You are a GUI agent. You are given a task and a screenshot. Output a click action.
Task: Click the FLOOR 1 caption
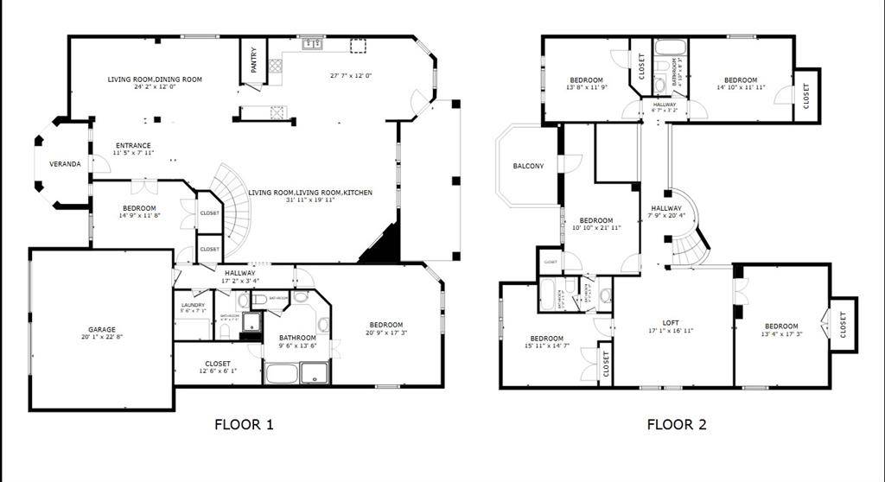point(244,424)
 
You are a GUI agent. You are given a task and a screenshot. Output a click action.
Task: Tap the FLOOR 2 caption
point(677,424)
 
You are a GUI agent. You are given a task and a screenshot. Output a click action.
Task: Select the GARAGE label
point(102,329)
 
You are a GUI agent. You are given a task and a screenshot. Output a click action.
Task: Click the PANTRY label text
point(253,58)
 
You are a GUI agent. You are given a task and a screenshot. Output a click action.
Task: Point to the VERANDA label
point(65,163)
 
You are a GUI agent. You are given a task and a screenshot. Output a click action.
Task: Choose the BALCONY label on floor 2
point(528,166)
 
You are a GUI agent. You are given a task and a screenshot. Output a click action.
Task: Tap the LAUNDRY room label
point(193,305)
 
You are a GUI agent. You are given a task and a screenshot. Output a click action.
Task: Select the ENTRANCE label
point(133,145)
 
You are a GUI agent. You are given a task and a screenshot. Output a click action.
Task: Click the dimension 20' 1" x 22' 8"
point(102,338)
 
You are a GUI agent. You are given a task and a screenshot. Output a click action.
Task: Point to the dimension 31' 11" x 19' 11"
point(310,200)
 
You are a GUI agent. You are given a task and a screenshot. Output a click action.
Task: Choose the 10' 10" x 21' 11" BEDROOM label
point(595,220)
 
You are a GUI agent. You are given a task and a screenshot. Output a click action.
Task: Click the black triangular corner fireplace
point(383,245)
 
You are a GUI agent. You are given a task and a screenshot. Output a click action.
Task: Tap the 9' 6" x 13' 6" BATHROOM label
point(297,338)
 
